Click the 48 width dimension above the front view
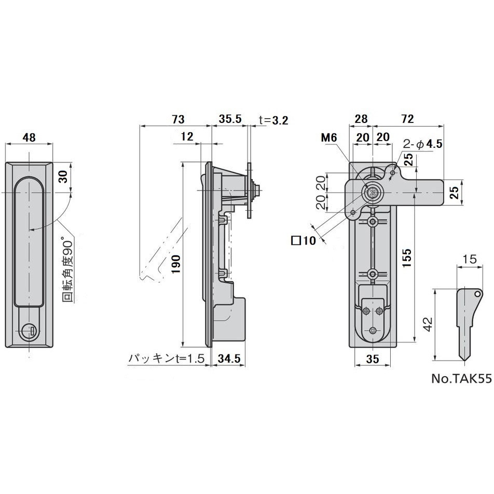coord(29,138)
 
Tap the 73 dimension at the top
coord(178,119)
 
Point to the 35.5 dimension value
coord(230,119)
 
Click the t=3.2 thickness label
coord(273,120)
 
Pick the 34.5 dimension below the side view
coord(228,358)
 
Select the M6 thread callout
coord(329,138)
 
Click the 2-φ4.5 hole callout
coord(423,144)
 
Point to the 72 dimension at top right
coord(408,119)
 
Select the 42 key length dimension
coord(427,324)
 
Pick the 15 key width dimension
coord(470,258)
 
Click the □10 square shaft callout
coord(304,241)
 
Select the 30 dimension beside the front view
coord(63,176)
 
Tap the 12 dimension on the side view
coord(188,137)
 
